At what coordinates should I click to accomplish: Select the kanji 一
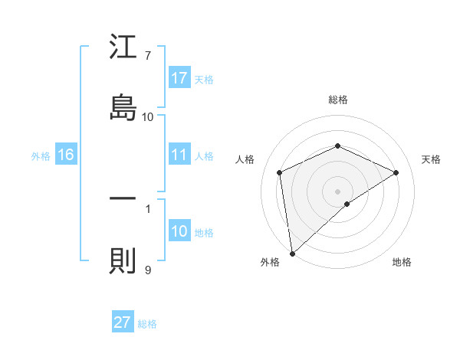[123, 198]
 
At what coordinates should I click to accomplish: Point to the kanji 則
[123, 260]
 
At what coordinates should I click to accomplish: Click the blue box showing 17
[179, 77]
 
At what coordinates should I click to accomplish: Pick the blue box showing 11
[179, 155]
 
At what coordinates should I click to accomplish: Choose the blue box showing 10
[179, 232]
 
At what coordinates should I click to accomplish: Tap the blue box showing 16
[66, 155]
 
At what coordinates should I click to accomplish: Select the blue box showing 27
[123, 322]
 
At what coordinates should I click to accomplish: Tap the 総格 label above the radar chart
[338, 100]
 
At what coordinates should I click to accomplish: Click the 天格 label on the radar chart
[431, 159]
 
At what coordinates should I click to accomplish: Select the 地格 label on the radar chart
[402, 262]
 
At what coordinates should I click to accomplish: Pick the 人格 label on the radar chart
[245, 159]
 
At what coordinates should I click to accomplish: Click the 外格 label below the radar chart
[270, 262]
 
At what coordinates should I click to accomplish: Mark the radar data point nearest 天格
[396, 172]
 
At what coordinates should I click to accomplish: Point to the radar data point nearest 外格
[292, 253]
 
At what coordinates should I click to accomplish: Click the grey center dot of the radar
[338, 191]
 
